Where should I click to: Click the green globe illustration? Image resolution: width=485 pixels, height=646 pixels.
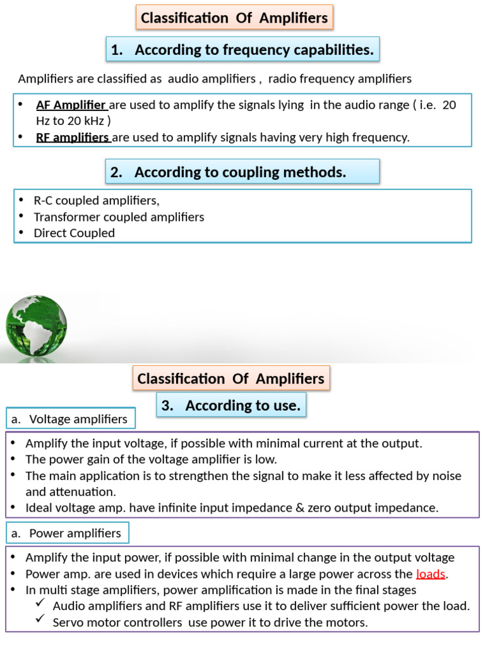point(36,327)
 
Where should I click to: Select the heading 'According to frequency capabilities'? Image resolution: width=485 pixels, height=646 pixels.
point(242,50)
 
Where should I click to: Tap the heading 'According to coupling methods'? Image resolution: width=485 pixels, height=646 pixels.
point(242,172)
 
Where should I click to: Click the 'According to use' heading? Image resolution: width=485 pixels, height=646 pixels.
point(231,406)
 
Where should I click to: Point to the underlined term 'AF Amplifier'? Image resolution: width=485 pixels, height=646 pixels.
point(71,105)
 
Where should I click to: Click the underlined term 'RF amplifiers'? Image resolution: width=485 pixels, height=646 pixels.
point(73,138)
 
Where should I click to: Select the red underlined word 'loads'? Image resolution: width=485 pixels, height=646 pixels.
point(431,574)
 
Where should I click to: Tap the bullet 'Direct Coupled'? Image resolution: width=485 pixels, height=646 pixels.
point(74,233)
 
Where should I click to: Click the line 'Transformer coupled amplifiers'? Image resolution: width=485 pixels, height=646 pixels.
point(119,217)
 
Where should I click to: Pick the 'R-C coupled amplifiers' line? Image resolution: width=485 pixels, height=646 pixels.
point(96,201)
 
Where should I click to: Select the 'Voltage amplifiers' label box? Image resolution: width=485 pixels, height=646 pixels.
point(70,419)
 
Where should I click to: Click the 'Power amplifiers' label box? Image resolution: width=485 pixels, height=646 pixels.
point(67,533)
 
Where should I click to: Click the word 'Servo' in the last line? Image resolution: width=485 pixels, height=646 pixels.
point(68,623)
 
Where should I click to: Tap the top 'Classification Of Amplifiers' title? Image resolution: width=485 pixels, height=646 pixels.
point(234,18)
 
